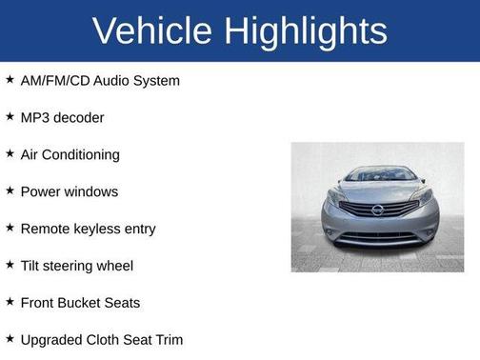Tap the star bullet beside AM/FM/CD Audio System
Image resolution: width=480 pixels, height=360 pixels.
pyautogui.click(x=10, y=80)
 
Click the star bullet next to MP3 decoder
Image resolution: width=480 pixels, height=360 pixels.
pyautogui.click(x=10, y=117)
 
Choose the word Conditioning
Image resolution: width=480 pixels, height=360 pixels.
pyautogui.click(x=83, y=155)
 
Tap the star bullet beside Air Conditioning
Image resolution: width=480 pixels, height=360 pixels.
pyautogui.click(x=10, y=154)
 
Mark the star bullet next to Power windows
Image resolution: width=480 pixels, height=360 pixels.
pyautogui.click(x=10, y=190)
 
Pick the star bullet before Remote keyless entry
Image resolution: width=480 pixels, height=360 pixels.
pyautogui.click(x=10, y=228)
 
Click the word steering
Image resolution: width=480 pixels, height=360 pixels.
pyautogui.click(x=80, y=267)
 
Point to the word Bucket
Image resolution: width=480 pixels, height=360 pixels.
pyautogui.click(x=83, y=303)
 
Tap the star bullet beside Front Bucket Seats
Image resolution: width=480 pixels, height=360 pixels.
pyautogui.click(x=10, y=302)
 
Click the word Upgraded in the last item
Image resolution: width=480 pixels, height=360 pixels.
pyautogui.click(x=51, y=340)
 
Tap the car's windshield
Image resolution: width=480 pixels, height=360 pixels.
pyautogui.click(x=379, y=175)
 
